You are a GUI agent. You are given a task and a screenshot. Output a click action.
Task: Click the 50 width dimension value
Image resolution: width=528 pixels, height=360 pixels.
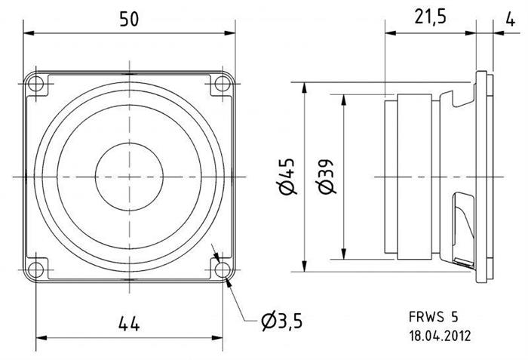coord(129,19)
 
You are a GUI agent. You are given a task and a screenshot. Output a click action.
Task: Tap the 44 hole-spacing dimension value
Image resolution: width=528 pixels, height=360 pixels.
coord(129,324)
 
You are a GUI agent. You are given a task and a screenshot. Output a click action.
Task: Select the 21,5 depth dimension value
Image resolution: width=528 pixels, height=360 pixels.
coord(430,17)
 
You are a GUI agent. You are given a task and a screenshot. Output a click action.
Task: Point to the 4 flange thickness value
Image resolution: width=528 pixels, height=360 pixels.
coord(511,20)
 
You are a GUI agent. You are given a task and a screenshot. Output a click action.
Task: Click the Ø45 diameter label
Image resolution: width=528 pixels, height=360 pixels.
coord(287,177)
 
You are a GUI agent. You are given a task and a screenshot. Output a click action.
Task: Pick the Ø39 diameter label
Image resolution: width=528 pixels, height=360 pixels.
coord(326,177)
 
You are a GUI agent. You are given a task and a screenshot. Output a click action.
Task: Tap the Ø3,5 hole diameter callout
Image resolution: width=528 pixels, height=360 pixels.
coord(282,321)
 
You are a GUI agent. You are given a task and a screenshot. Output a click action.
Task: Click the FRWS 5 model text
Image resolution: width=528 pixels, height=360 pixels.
coord(434,317)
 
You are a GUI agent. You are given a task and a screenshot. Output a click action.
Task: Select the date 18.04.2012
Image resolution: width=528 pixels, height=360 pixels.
coord(440,336)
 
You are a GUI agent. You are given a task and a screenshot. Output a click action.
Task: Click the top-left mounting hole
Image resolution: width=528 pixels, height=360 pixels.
coord(35,84)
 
